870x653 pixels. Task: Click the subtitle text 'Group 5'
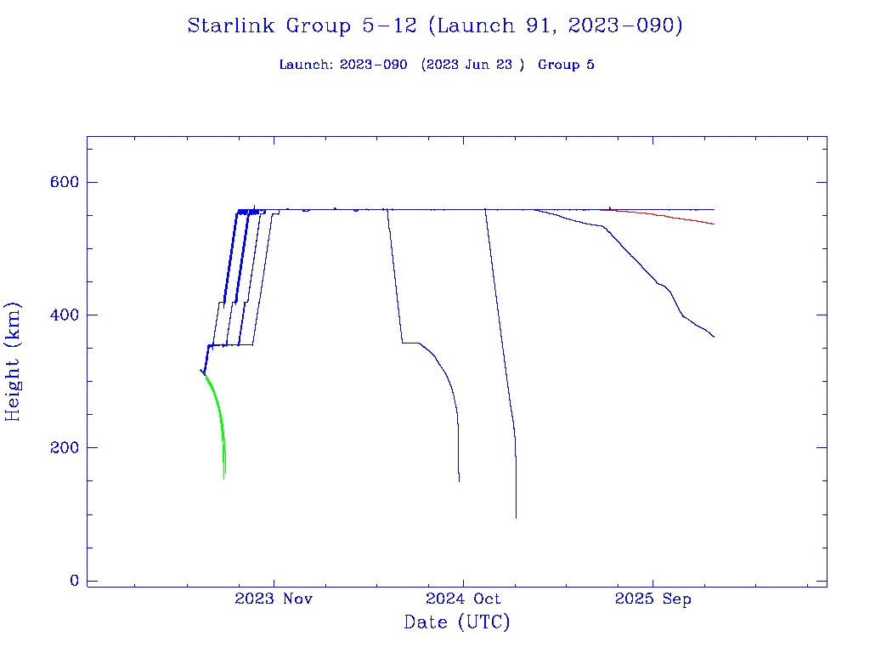coord(566,65)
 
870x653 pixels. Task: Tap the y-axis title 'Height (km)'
coord(13,361)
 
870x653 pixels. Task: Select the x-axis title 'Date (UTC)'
coord(457,622)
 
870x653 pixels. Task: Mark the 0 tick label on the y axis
coord(75,581)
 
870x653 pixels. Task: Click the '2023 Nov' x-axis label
coord(274,599)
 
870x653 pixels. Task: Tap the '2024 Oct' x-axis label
coord(464,599)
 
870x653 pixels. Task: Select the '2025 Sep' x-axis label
coord(652,599)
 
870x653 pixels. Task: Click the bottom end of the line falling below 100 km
coord(516,516)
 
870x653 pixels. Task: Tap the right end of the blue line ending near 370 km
coord(714,337)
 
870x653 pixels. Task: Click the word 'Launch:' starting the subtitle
coord(306,65)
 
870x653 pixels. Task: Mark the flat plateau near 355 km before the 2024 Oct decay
coord(410,343)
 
